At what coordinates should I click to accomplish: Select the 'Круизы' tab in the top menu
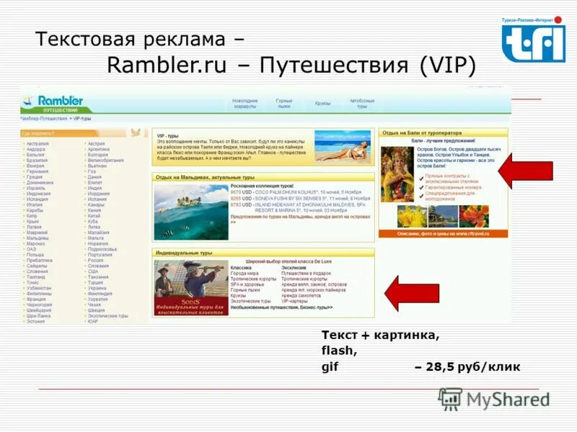(322, 103)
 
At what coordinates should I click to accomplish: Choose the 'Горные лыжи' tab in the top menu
(284, 103)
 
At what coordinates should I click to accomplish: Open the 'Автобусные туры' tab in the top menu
(362, 103)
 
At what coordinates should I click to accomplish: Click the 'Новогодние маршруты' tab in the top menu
(246, 103)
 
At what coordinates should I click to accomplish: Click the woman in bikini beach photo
(343, 145)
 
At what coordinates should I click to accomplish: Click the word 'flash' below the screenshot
(339, 351)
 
